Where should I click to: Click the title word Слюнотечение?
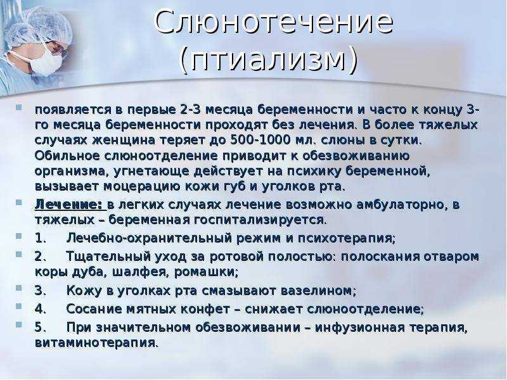point(274,22)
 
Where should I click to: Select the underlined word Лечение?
point(68,205)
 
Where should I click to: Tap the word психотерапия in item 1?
point(346,239)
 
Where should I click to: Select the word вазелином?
point(318,291)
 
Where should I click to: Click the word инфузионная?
point(360,328)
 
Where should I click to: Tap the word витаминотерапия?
point(96,343)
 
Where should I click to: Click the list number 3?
point(40,291)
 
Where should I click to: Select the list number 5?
point(40,327)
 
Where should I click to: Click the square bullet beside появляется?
point(19,106)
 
